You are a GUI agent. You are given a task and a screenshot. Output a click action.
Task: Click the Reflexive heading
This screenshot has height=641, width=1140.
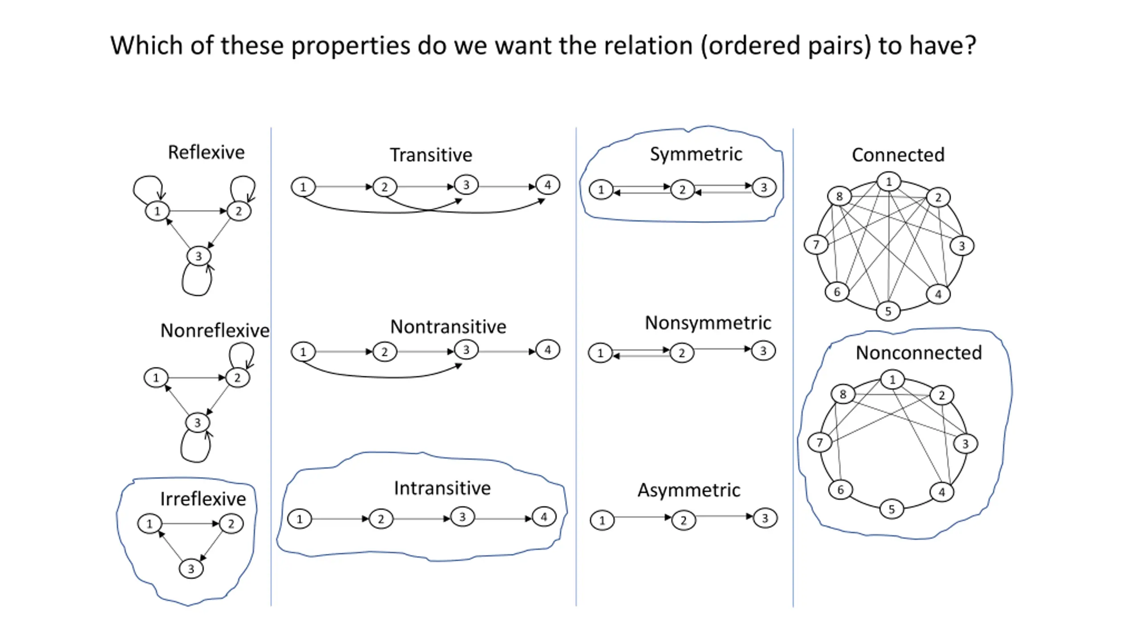click(206, 152)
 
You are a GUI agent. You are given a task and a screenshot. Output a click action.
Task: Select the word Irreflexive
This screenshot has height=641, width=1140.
click(203, 499)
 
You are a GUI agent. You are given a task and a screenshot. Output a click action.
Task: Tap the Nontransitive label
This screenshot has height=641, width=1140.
click(448, 327)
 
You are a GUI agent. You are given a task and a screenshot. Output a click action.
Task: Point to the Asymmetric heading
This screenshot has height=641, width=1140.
click(689, 490)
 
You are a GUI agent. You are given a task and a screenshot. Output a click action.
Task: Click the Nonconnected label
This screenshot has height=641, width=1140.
click(919, 353)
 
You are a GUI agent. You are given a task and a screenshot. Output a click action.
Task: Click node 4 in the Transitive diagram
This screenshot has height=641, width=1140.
click(548, 185)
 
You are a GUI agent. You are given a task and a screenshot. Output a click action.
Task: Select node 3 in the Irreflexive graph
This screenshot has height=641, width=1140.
click(191, 568)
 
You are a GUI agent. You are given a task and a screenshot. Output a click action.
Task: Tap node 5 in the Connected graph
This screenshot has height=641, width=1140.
click(888, 311)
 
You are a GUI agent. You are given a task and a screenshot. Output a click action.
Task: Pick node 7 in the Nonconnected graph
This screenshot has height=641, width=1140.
click(820, 442)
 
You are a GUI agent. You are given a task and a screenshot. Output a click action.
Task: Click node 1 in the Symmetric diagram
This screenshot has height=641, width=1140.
click(601, 190)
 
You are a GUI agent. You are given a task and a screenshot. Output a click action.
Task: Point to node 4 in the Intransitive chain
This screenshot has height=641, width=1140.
click(544, 517)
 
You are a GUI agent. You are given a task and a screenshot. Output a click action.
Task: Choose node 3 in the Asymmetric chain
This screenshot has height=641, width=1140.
click(765, 518)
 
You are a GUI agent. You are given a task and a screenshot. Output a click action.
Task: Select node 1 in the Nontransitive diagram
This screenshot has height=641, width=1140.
click(303, 352)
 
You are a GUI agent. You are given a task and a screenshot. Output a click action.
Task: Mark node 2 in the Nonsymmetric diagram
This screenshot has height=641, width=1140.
click(682, 353)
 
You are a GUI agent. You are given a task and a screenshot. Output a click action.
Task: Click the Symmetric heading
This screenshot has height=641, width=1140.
click(696, 154)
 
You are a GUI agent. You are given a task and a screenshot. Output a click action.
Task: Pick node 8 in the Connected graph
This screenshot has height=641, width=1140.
click(839, 196)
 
